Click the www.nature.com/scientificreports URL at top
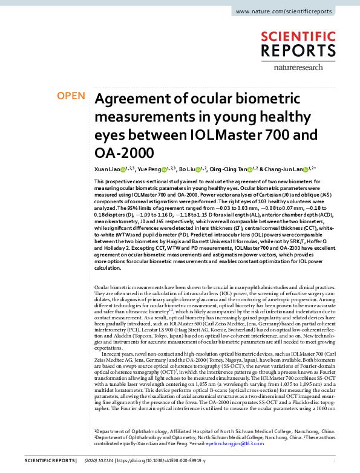(292, 11)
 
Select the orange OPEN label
(70, 96)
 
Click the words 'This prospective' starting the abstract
(113, 182)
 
